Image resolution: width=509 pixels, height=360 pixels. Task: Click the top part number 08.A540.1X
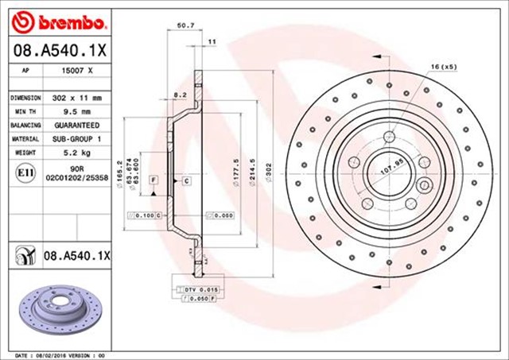[x=57, y=52]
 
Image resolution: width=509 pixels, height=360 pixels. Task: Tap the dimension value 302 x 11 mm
[x=77, y=98]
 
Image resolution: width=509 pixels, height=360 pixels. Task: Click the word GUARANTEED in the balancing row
[x=77, y=126]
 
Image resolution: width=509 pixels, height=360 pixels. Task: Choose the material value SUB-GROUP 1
[x=77, y=139]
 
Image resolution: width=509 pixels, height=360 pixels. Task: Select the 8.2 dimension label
[x=180, y=95]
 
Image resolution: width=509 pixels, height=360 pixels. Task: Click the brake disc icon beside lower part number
[x=23, y=255]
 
